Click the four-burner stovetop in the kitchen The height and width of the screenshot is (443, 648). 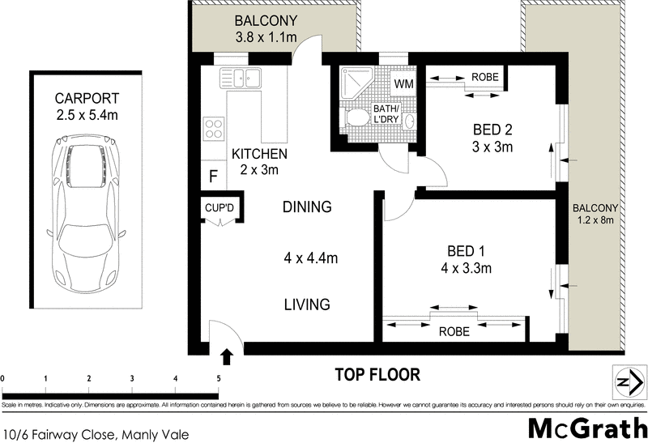click(x=214, y=128)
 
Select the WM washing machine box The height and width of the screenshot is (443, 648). click(x=403, y=83)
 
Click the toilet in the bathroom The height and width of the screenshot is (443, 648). click(x=354, y=120)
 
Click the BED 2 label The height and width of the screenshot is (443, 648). click(x=492, y=130)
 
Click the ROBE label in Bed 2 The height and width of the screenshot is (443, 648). click(x=484, y=77)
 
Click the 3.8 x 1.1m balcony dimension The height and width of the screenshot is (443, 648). click(x=266, y=37)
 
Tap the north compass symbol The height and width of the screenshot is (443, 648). click(x=625, y=381)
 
